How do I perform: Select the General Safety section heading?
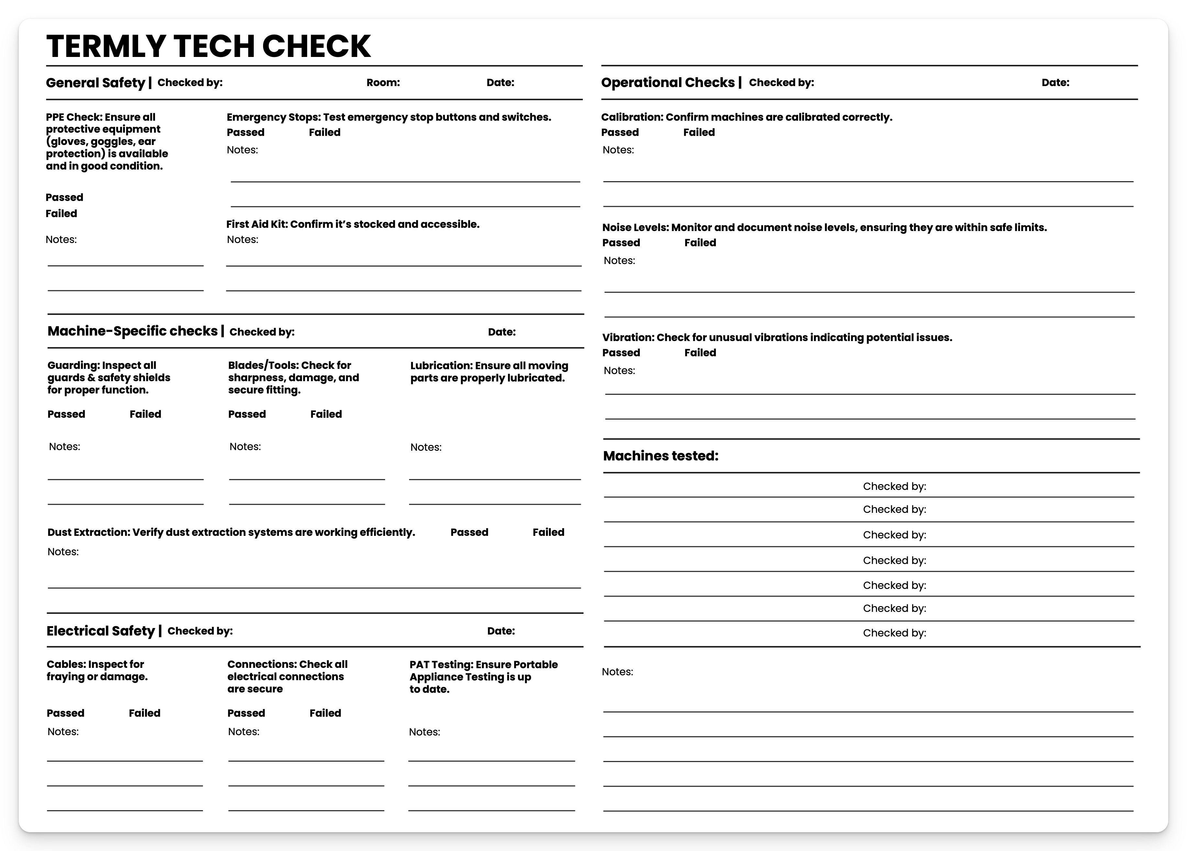(x=95, y=83)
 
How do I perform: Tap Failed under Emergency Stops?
(x=325, y=132)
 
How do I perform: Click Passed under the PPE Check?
(x=64, y=197)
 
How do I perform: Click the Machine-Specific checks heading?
(x=132, y=331)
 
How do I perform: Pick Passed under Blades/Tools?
(x=247, y=414)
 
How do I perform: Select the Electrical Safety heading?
(x=101, y=631)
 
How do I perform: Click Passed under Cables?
(x=65, y=713)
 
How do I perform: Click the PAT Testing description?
(x=483, y=677)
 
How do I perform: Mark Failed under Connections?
(x=325, y=713)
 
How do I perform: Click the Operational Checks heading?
(x=668, y=83)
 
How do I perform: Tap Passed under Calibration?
(x=620, y=132)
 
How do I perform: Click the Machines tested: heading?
(x=660, y=456)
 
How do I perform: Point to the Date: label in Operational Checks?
(x=1055, y=83)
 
